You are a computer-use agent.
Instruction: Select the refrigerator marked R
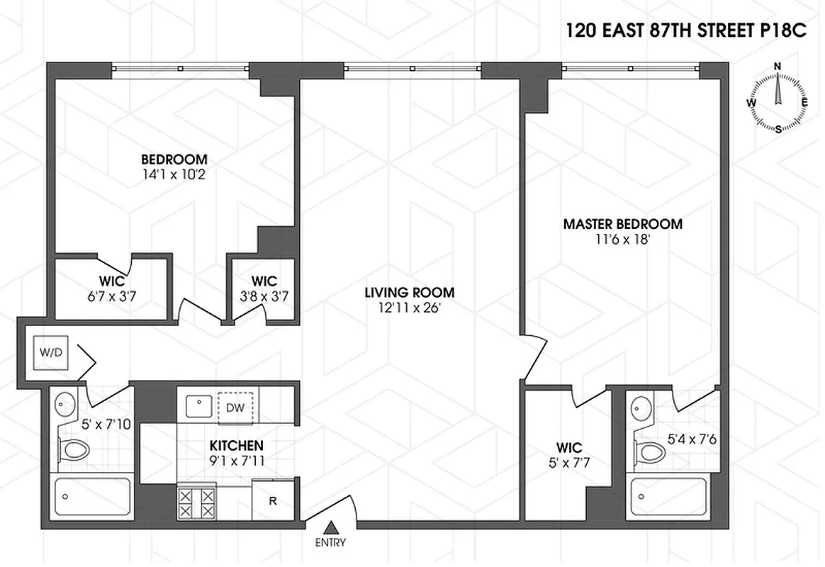coord(272,500)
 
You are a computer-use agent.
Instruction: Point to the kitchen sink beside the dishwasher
coord(198,406)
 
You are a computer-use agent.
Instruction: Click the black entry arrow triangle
coord(331,527)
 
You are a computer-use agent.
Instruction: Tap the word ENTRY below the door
coord(331,543)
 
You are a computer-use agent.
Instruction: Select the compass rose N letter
coord(778,67)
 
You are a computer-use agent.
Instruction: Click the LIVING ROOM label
coord(410,292)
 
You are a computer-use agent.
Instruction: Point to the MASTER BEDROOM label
coord(622,224)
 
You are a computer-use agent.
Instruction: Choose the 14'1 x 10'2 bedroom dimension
coord(174,173)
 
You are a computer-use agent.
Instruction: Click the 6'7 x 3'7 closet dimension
coord(112,295)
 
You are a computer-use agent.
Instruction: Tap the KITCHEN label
coord(237,446)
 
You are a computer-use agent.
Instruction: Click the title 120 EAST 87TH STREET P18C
coord(686,31)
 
